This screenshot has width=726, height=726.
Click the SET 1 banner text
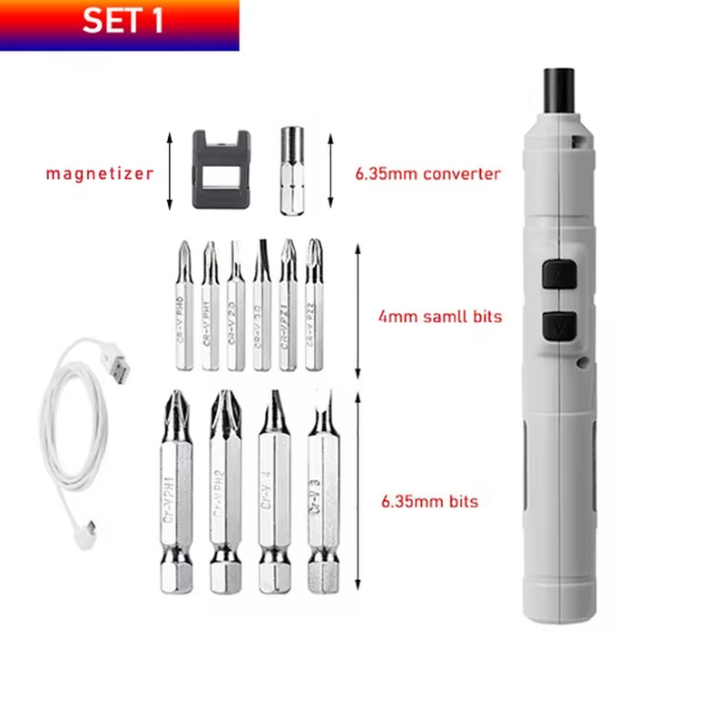(123, 21)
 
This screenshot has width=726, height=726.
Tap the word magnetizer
(100, 172)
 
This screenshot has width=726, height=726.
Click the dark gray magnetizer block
(221, 170)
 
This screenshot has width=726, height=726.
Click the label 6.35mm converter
(427, 173)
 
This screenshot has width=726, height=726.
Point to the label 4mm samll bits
(439, 318)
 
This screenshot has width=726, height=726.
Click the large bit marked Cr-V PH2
(225, 495)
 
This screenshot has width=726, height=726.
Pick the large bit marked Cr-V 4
(274, 495)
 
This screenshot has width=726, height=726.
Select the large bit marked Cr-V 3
(322, 495)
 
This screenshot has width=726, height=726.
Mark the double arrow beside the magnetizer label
(169, 171)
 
